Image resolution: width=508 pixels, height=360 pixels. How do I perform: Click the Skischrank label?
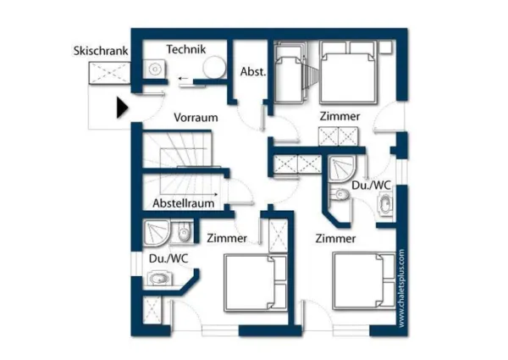pyautogui.click(x=101, y=51)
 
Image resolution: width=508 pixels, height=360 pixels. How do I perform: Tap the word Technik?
pyautogui.click(x=186, y=49)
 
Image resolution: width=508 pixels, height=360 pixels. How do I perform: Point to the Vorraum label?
pyautogui.click(x=196, y=117)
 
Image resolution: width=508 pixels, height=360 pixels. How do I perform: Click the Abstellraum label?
pyautogui.click(x=183, y=204)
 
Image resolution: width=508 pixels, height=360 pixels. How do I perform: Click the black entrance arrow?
pyautogui.click(x=122, y=108)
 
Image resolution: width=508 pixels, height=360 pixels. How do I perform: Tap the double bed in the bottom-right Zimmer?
pyautogui.click(x=362, y=280)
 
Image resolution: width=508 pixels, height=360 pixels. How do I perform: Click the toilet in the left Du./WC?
pyautogui.click(x=184, y=232)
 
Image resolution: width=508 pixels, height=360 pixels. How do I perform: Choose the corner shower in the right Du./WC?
pyautogui.click(x=344, y=168)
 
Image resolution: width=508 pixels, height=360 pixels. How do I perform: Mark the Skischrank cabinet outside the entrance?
pyautogui.click(x=108, y=74)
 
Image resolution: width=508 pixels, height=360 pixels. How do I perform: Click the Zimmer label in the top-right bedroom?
pyautogui.click(x=340, y=116)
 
